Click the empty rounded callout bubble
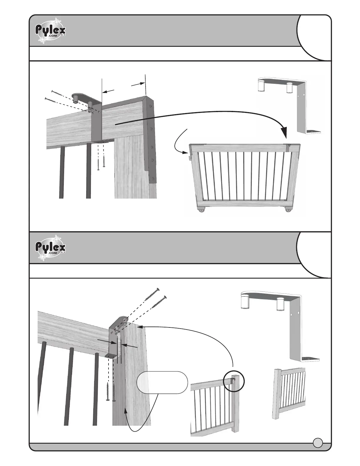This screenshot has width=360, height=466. [162, 382]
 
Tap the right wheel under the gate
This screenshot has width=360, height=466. [288, 210]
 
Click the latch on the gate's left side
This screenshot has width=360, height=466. [189, 158]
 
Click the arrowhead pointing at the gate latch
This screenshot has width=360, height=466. [186, 152]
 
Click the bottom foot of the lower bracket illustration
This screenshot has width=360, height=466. [309, 359]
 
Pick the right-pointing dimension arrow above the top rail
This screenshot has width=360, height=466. [139, 84]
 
